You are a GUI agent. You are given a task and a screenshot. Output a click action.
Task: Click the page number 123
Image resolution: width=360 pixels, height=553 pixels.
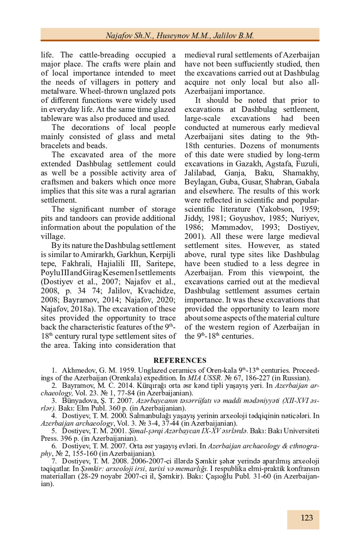click(x=307, y=518)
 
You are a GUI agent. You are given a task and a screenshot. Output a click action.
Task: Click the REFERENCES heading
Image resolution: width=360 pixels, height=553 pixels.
click(x=180, y=360)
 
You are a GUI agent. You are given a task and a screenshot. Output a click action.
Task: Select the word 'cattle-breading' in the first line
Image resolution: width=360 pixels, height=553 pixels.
click(x=104, y=55)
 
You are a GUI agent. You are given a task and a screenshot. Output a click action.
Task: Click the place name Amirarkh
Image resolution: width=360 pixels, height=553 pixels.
click(x=97, y=255)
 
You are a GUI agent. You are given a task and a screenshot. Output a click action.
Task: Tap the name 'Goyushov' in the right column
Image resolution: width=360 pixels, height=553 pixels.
click(x=243, y=218)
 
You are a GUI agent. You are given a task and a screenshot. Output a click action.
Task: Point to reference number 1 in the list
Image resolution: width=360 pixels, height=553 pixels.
click(x=54, y=370)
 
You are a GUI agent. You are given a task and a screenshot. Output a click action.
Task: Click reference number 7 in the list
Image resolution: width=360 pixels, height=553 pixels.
click(x=54, y=461)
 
